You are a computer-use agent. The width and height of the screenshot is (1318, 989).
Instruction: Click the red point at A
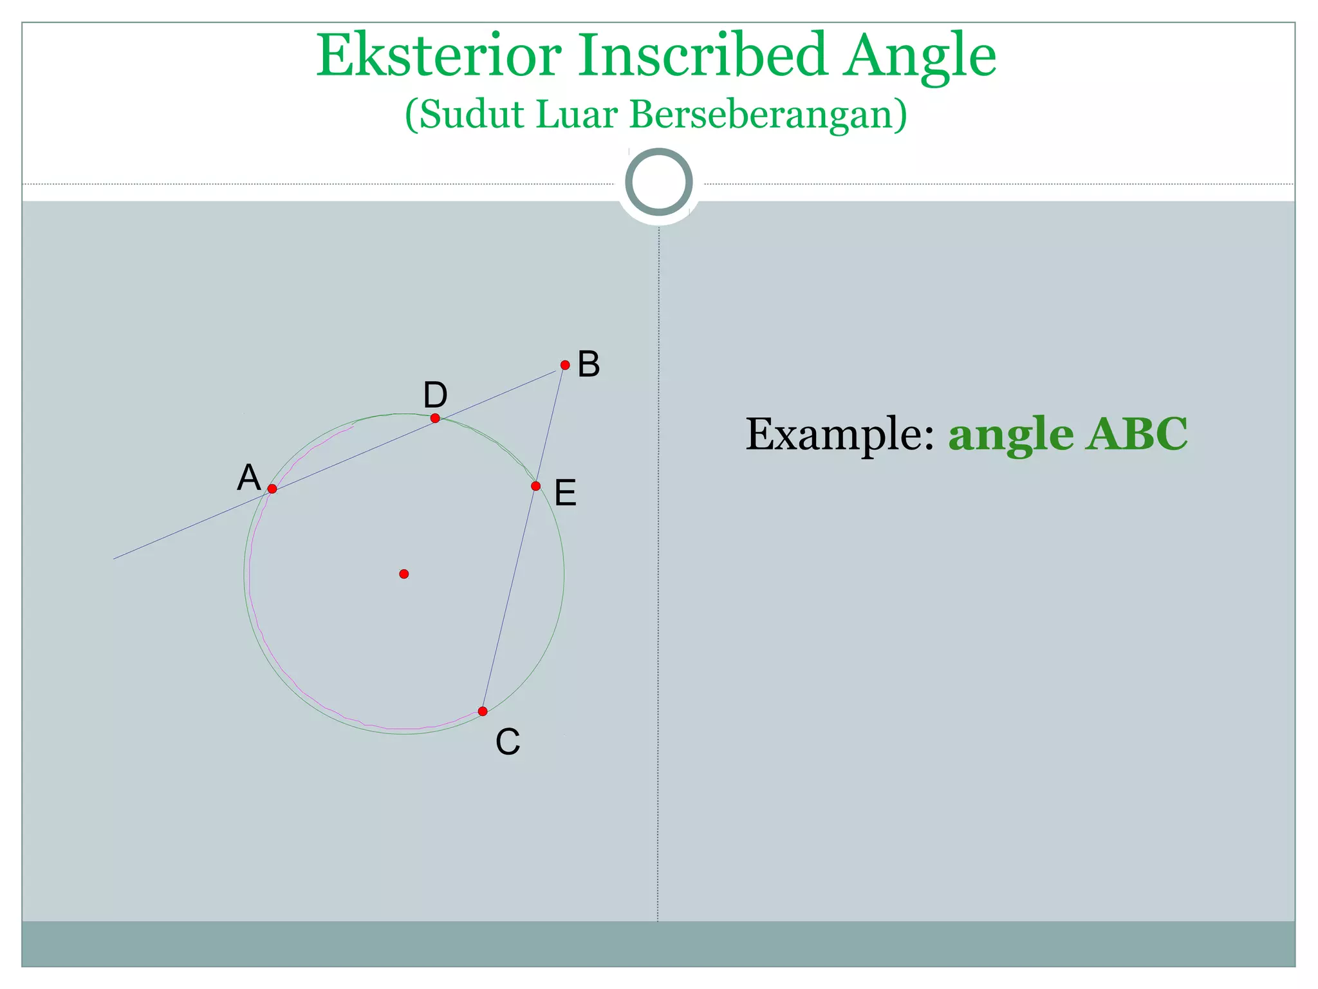coord(272,489)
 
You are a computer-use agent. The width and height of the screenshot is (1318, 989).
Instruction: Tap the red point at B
coord(565,365)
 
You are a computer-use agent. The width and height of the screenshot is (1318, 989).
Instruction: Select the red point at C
coord(483,711)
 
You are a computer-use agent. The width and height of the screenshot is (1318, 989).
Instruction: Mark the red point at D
coord(435,419)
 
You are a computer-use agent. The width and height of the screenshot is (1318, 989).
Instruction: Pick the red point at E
coord(536,485)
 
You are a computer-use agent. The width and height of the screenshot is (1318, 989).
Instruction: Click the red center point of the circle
coord(404,574)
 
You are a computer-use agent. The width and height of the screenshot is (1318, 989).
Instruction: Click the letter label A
coord(249,478)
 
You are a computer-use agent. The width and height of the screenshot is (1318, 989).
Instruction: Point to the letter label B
coord(589,364)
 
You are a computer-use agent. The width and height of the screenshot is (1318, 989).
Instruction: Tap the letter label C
coord(508,742)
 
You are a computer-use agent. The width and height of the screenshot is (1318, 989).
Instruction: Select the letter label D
coord(435,395)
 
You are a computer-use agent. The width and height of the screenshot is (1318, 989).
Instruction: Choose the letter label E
coord(566,494)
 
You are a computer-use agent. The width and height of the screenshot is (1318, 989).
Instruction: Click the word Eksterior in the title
coord(438,56)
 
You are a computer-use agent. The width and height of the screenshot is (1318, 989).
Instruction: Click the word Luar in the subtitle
coord(577,115)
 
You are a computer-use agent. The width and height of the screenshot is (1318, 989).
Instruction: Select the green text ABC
coord(1137,435)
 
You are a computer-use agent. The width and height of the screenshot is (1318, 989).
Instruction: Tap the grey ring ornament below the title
coord(659,182)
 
